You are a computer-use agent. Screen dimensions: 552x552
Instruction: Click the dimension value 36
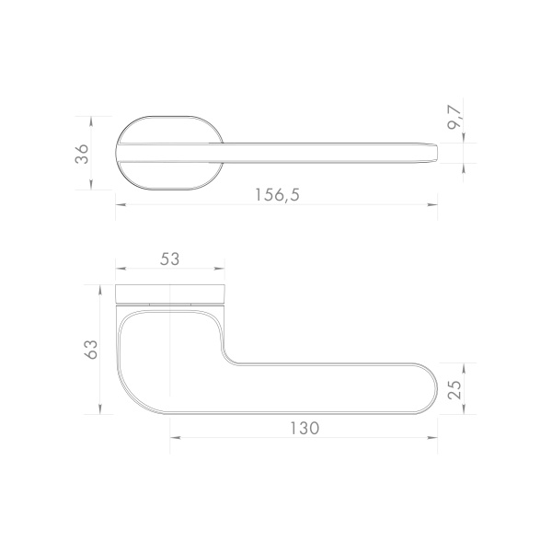82,154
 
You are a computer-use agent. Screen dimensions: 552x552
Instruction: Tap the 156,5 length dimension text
277,195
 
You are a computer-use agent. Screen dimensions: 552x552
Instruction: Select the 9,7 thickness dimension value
454,118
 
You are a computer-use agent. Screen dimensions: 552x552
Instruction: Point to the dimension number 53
169,259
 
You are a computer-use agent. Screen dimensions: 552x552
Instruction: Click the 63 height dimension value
91,350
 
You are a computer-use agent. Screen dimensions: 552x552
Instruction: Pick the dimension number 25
454,390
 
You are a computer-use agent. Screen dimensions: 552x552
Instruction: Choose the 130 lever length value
305,428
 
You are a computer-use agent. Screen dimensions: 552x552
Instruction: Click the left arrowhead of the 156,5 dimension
121,204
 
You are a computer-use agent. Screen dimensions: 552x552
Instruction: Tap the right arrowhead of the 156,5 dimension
432,204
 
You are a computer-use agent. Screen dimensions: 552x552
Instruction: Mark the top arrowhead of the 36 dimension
91,121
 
